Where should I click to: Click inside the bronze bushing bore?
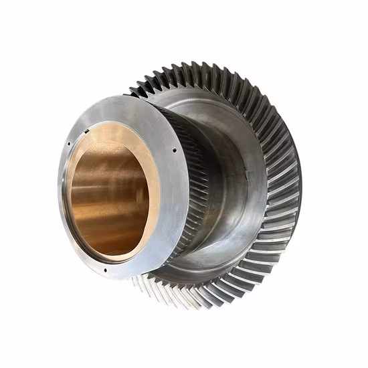pos(107,194)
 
